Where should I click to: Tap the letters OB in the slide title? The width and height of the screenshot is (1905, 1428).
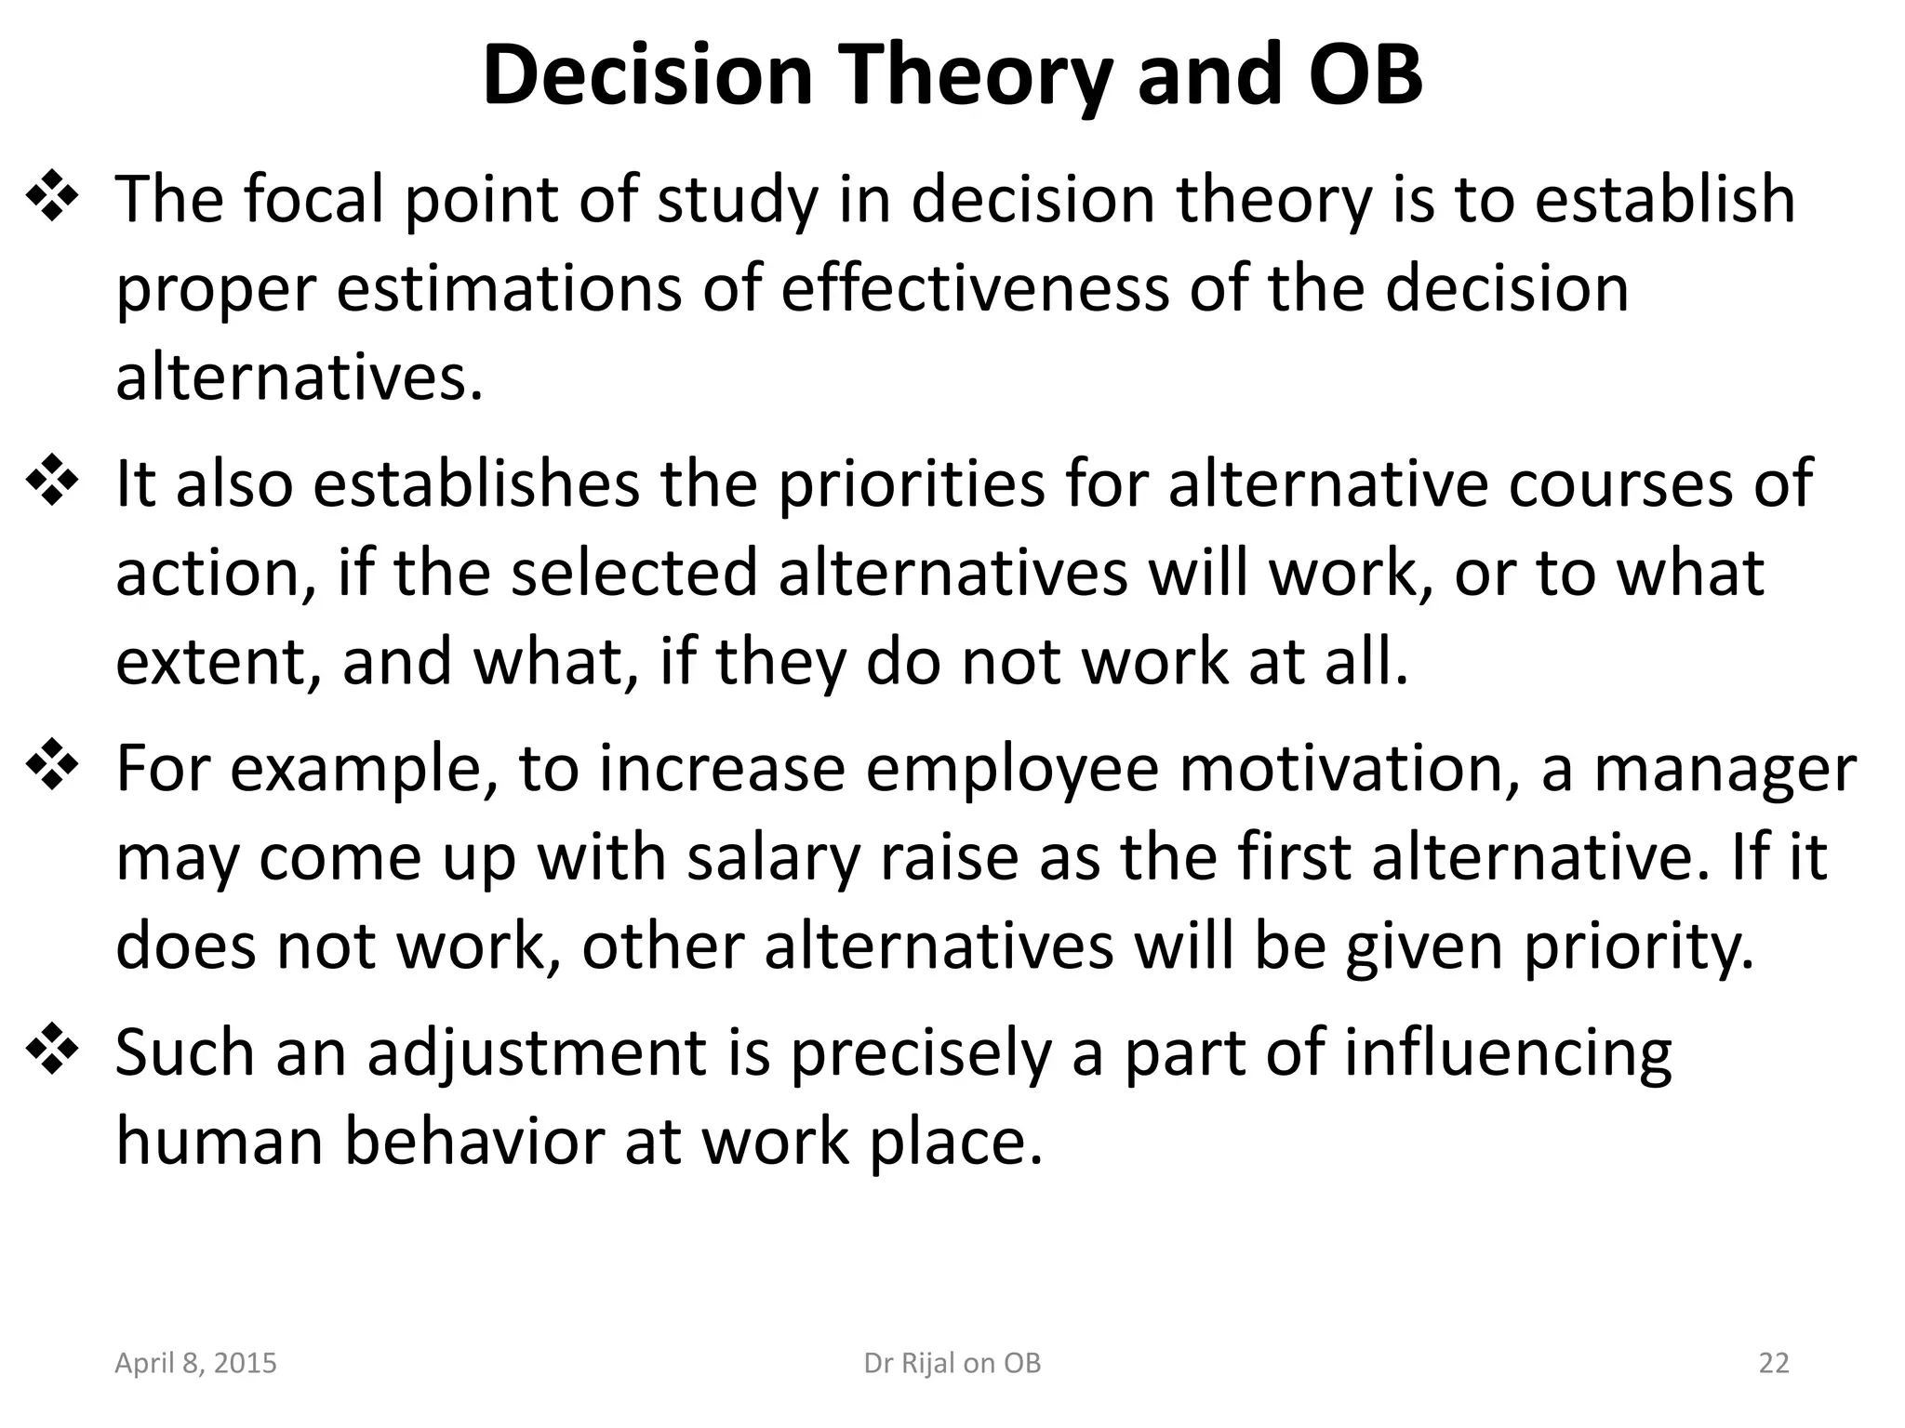point(1365,76)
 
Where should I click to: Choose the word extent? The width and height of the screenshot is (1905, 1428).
point(219,661)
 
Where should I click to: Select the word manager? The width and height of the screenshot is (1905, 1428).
point(1725,769)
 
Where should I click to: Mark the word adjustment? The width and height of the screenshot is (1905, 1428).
point(538,1053)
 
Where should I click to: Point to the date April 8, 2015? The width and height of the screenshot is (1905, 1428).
point(195,1363)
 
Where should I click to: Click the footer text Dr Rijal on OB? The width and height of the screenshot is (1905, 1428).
point(952,1363)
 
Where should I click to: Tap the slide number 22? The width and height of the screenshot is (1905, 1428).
point(1774,1363)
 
